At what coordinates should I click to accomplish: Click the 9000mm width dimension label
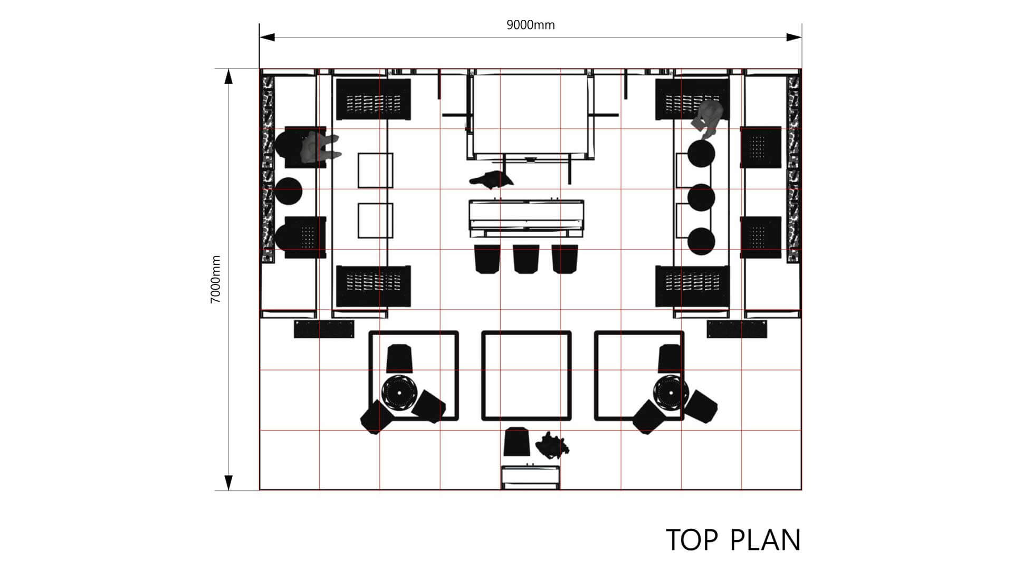[x=530, y=25]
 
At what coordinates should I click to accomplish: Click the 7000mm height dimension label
[x=216, y=279]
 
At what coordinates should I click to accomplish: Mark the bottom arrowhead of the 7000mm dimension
[x=228, y=482]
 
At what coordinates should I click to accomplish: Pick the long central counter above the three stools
[x=526, y=217]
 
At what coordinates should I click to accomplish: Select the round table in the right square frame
[x=671, y=392]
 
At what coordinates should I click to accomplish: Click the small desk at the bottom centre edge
[x=530, y=477]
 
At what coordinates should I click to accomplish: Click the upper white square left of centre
[x=375, y=170]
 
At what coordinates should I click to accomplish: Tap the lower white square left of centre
[x=375, y=220]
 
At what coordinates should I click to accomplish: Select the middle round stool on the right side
[x=701, y=197]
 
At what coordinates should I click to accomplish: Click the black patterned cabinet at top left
[x=373, y=99]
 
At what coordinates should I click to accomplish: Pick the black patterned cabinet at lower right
[x=692, y=286]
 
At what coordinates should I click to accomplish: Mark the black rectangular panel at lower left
[x=324, y=329]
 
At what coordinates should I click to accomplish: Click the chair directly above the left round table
[x=399, y=358]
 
